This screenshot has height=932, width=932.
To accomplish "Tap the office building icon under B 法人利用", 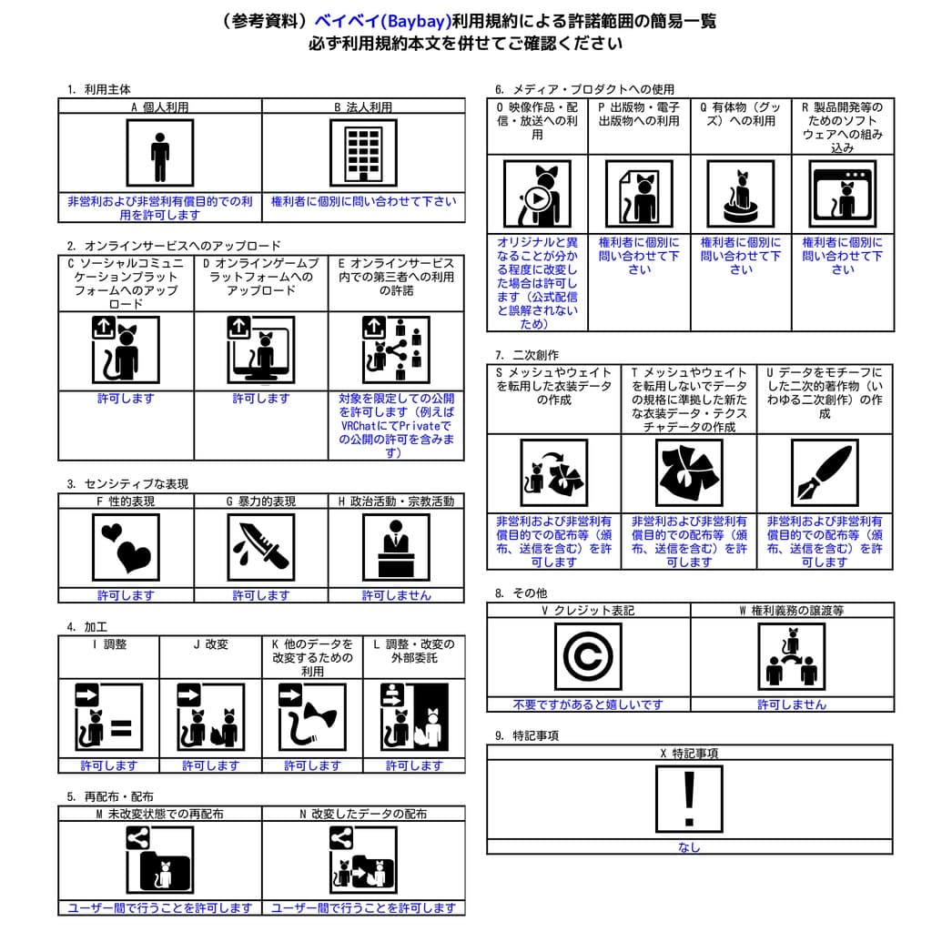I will tap(363, 152).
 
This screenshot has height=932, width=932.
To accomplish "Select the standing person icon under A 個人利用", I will tap(160, 152).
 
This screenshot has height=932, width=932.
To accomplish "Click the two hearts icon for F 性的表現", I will tap(126, 547).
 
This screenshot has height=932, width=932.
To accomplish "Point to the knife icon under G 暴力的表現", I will tap(260, 547).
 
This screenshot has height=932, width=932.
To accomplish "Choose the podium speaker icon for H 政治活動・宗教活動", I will tap(396, 547).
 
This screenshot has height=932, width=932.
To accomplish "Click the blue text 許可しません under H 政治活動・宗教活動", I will tap(396, 595).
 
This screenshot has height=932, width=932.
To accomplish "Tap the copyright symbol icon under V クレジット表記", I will tap(588, 656).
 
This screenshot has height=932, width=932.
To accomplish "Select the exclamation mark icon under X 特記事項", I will tap(689, 799).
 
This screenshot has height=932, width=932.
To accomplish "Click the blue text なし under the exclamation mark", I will tap(689, 847).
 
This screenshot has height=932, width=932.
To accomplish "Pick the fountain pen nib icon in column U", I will tap(824, 472).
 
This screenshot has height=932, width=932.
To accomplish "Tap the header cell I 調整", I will tap(109, 644).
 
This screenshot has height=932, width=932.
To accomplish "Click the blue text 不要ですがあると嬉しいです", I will tap(588, 704).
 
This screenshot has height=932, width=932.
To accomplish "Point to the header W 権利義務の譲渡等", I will tap(791, 611).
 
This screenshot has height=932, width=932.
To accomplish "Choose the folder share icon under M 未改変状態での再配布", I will tap(159, 860).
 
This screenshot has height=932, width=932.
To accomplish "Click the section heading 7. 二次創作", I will tap(527, 355).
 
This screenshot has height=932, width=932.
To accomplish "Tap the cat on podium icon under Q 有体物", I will tap(740, 194).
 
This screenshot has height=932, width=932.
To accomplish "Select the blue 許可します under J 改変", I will tap(209, 765).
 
